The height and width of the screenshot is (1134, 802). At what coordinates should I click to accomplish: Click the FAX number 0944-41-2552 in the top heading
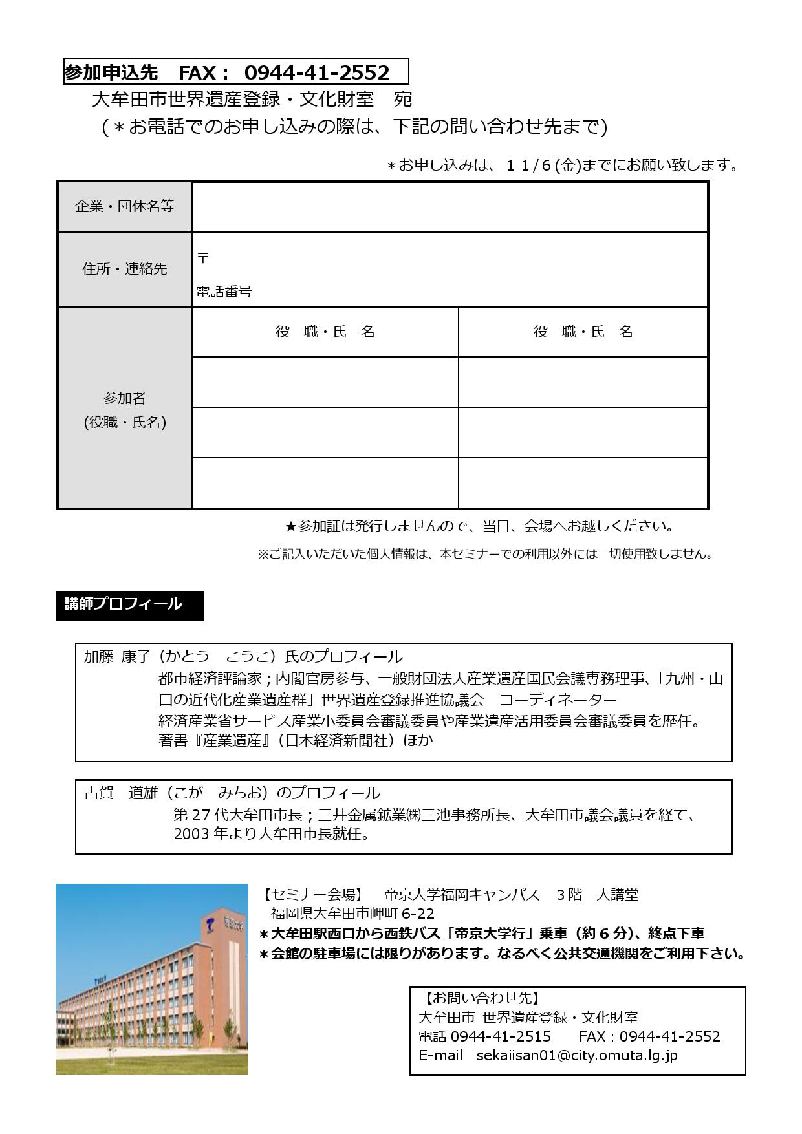(317, 72)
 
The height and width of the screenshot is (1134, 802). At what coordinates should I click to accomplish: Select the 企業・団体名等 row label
(125, 206)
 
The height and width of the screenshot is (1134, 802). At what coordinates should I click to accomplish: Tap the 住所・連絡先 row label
(125, 269)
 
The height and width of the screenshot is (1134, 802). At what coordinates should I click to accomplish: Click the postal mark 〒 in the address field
(203, 257)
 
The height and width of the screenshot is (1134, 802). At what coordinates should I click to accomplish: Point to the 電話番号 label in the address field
(224, 292)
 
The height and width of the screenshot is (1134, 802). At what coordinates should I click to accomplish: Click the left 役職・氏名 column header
(325, 332)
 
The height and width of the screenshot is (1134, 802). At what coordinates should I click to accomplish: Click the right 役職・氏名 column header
(583, 332)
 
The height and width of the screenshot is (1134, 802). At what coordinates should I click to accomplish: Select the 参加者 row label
(125, 398)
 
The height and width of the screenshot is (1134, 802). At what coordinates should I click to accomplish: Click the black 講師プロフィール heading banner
(129, 605)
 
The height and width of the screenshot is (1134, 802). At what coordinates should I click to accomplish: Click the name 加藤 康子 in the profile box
(117, 657)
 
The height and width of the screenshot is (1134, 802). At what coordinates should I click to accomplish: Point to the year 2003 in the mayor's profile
(191, 834)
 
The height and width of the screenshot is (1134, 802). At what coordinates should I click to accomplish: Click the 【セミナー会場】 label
(312, 895)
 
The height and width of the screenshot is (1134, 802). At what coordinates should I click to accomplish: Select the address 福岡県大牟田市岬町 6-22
(352, 914)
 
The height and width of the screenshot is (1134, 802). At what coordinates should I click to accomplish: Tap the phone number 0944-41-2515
(501, 1037)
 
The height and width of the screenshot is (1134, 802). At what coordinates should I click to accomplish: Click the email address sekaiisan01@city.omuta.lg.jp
(577, 1056)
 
